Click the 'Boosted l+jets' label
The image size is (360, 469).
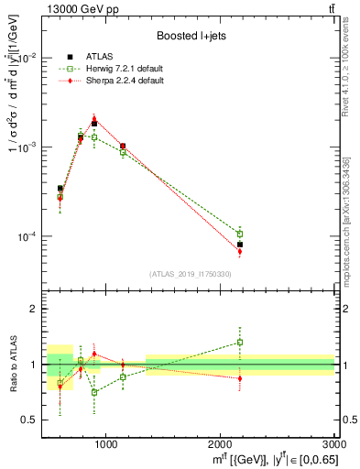[191, 36]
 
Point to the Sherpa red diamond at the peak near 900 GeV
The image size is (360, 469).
[94, 118]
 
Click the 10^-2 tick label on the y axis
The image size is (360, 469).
[31, 58]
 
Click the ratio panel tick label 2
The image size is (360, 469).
[38, 309]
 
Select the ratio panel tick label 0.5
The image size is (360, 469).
[35, 420]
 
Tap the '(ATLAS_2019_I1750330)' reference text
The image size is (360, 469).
[191, 274]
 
